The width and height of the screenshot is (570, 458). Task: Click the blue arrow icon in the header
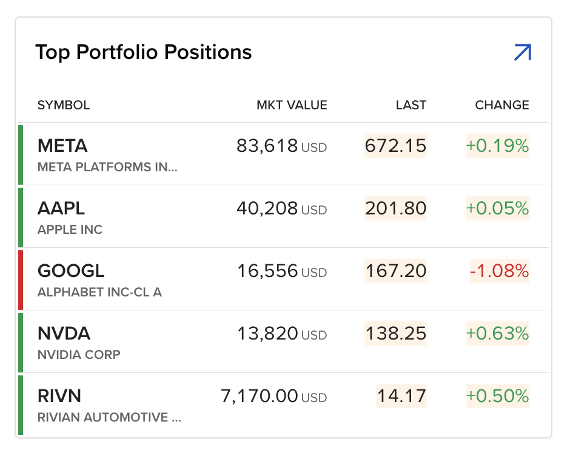pyautogui.click(x=522, y=53)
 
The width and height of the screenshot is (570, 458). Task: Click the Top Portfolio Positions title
pyautogui.click(x=144, y=52)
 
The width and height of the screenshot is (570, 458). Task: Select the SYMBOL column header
pyautogui.click(x=64, y=105)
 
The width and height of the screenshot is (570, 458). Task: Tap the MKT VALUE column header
pyautogui.click(x=292, y=105)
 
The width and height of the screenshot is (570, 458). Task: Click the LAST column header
pyautogui.click(x=411, y=105)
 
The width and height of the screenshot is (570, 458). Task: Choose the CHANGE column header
pyautogui.click(x=502, y=105)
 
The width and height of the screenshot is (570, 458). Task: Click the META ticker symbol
pyautogui.click(x=62, y=146)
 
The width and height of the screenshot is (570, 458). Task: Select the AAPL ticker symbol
pyautogui.click(x=61, y=208)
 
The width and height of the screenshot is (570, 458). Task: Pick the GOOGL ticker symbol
pyautogui.click(x=71, y=271)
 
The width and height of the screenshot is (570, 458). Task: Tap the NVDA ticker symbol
pyautogui.click(x=64, y=333)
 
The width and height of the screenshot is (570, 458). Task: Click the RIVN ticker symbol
pyautogui.click(x=59, y=396)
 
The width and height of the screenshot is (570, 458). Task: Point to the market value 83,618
pyautogui.click(x=267, y=146)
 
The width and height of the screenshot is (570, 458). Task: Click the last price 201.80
pyautogui.click(x=395, y=208)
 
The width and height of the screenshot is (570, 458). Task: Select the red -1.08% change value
pyautogui.click(x=499, y=271)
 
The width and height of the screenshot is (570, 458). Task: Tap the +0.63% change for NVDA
pyautogui.click(x=497, y=333)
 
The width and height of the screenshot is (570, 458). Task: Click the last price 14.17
pyautogui.click(x=401, y=396)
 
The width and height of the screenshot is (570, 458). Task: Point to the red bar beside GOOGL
pyautogui.click(x=21, y=279)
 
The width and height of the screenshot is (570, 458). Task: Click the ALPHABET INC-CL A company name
pyautogui.click(x=99, y=292)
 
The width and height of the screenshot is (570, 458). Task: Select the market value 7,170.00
pyautogui.click(x=260, y=396)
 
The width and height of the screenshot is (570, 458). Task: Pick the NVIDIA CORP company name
pyautogui.click(x=79, y=355)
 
